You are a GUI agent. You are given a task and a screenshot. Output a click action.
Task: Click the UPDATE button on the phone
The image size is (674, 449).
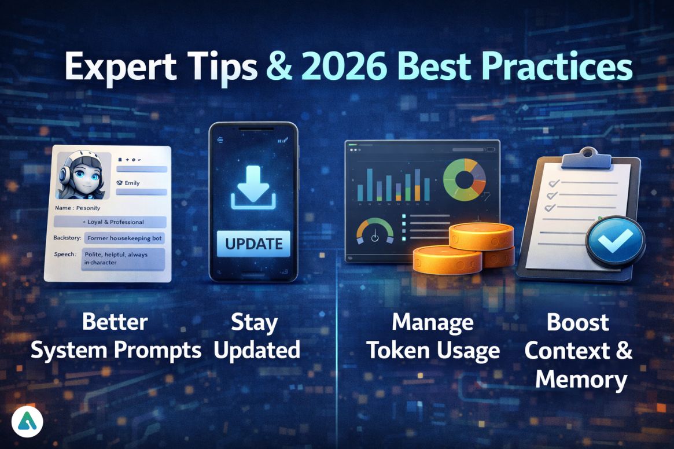253,243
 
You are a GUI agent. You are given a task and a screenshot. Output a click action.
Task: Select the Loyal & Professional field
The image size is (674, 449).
109,222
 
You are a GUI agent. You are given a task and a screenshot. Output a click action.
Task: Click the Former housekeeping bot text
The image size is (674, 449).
124,238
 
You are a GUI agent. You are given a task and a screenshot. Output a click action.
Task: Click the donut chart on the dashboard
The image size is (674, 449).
465,180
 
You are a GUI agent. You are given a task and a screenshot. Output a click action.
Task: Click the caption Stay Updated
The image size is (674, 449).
256,336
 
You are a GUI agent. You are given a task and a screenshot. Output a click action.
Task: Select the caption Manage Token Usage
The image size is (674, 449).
433,336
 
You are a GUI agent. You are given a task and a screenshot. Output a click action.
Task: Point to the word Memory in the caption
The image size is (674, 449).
581,380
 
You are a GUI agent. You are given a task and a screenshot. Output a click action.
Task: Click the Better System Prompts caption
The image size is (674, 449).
116,336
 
